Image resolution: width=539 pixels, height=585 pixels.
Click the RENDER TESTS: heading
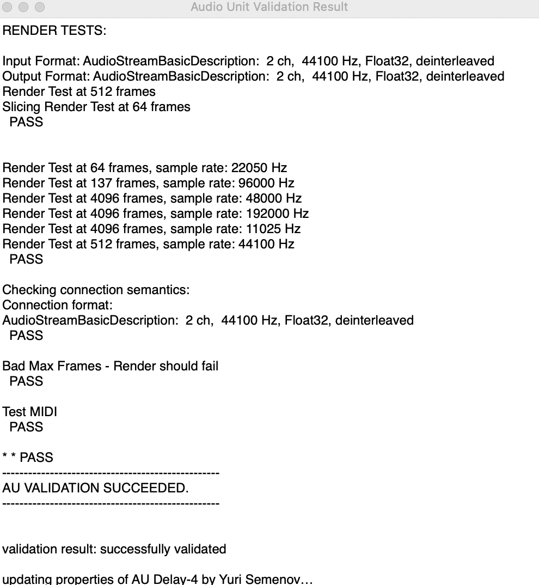[54, 31]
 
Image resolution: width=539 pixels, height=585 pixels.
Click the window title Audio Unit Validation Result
[269, 7]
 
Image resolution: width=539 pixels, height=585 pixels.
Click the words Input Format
[40, 61]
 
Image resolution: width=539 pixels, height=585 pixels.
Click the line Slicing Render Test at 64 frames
[96, 107]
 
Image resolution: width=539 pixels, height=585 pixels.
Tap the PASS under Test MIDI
[26, 427]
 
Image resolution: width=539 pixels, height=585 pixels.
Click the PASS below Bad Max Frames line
[26, 381]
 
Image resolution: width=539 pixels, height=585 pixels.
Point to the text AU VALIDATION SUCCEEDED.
[95, 488]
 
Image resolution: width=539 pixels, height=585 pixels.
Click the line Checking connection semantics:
[96, 290]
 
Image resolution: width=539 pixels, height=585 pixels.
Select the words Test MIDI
[29, 412]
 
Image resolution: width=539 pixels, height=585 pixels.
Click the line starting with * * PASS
[28, 458]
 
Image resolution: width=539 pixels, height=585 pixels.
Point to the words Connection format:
[57, 305]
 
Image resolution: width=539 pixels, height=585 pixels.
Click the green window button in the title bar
[40, 8]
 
